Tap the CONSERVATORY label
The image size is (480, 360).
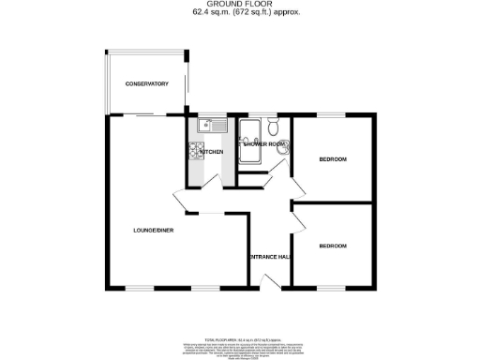point(147,84)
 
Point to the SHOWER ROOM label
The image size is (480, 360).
point(263,144)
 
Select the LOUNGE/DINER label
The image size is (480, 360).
point(152,230)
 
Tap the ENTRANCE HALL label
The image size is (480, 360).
point(269,256)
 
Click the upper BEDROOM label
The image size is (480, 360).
point(333,159)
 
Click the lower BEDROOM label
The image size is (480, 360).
point(333,246)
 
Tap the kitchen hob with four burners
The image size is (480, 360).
point(197,150)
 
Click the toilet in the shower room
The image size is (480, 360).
point(272,126)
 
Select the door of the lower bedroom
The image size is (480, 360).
point(298,217)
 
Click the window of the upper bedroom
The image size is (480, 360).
point(333,116)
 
